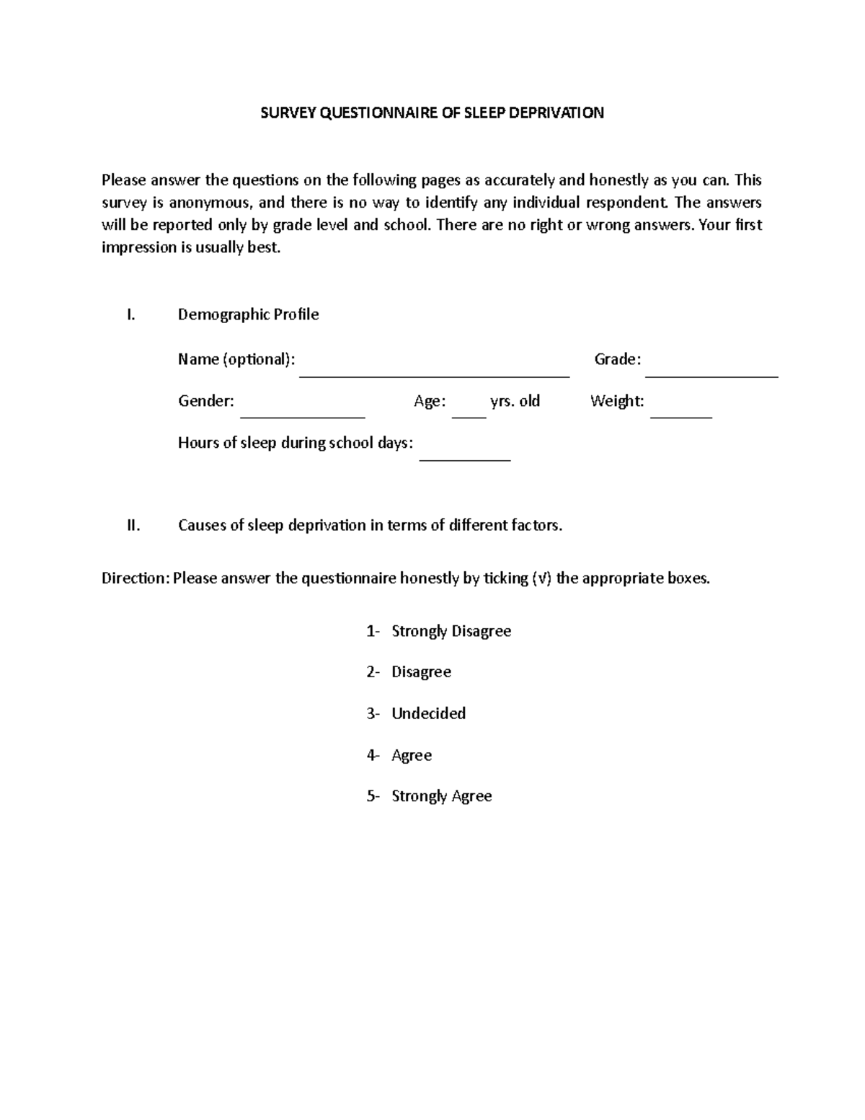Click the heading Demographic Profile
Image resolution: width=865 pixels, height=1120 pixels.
point(248,314)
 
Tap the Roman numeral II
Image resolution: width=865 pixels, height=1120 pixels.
point(133,525)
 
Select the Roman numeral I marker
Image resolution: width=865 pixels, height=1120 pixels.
point(130,314)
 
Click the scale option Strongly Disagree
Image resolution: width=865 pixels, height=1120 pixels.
point(451,631)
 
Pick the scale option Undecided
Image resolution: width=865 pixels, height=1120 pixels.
point(428,713)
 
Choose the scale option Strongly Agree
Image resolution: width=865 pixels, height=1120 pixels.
point(441,796)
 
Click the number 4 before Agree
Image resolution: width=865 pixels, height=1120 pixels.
point(371,755)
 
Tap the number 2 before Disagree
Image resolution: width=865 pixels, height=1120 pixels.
point(371,672)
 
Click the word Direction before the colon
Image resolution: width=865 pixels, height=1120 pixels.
point(133,578)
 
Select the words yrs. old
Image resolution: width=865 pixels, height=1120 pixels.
point(515,401)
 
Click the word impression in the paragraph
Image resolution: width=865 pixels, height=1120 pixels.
point(138,247)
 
